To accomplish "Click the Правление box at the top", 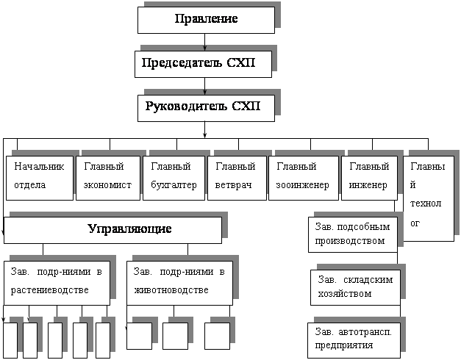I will tap(206, 20).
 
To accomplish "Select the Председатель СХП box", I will tap(204, 64).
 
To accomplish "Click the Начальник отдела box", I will tap(40, 176).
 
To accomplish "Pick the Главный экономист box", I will tap(108, 176).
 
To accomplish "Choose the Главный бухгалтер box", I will tap(172, 176).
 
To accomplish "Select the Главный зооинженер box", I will tap(302, 176).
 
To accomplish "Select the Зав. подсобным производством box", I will tap(352, 234).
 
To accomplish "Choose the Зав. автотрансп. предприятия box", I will tap(353, 339).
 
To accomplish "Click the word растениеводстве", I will tap(50, 290).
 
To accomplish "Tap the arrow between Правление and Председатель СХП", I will tap(204, 42).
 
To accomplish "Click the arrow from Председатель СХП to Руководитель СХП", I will tap(204, 86).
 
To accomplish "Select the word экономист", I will tap(108, 184).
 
